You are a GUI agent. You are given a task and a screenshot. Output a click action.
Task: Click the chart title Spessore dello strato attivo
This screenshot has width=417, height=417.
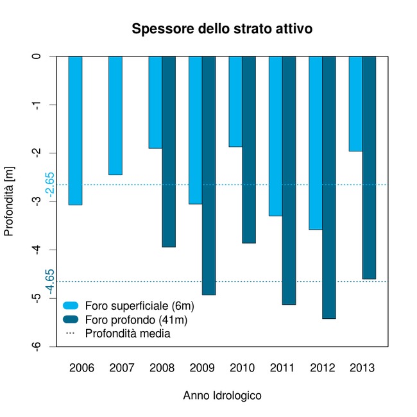pyautogui.click(x=222, y=30)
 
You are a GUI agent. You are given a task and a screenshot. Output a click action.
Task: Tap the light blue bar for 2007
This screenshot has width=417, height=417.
pyautogui.click(x=115, y=115)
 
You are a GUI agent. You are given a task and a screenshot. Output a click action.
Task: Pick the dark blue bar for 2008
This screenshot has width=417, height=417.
pyautogui.click(x=169, y=151)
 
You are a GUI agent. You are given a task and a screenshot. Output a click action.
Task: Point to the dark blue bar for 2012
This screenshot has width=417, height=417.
pyautogui.click(x=329, y=187)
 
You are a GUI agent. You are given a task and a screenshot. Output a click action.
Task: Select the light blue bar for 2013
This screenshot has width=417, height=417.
pyautogui.click(x=355, y=104)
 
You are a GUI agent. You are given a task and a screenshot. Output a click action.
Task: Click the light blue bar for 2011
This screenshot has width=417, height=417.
pyautogui.click(x=275, y=136)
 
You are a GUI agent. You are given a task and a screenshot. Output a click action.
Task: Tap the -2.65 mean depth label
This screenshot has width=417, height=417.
pyautogui.click(x=50, y=184)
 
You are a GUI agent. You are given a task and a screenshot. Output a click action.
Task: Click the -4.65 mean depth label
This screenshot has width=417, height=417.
pyautogui.click(x=50, y=281)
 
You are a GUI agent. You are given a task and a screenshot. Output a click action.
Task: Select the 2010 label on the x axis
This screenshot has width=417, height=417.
pyautogui.click(x=242, y=368)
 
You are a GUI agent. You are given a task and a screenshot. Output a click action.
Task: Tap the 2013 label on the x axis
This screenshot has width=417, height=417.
pyautogui.click(x=362, y=368)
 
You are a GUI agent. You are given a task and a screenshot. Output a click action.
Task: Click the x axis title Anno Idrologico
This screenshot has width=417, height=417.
pyautogui.click(x=222, y=396)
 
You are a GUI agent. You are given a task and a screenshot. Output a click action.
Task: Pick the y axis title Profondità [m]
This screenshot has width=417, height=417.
pyautogui.click(x=9, y=201)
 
